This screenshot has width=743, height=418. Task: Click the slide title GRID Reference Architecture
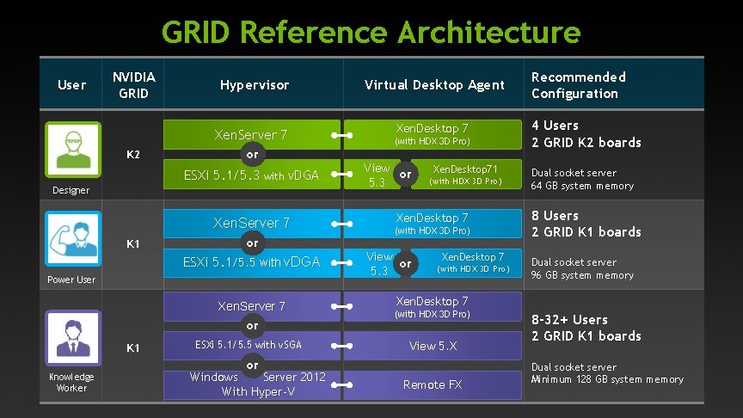tap(371, 33)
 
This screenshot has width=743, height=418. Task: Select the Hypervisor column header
tap(255, 85)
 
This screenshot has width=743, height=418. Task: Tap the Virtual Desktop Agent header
tap(434, 85)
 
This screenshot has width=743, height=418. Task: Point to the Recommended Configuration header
tap(578, 85)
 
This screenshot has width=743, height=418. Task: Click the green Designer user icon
tap(72, 150)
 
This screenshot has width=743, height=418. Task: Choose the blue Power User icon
tap(72, 239)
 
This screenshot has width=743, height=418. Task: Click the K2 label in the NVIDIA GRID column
tap(133, 155)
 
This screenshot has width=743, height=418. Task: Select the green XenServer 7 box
tap(250, 134)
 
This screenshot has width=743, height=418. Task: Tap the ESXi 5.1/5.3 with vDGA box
tap(251, 175)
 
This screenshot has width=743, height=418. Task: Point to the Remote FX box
tap(433, 384)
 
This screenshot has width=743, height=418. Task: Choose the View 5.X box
tap(433, 346)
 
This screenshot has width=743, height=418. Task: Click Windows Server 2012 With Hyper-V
tap(257, 384)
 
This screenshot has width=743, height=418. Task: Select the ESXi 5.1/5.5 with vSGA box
tap(248, 345)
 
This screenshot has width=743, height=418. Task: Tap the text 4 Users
tap(555, 126)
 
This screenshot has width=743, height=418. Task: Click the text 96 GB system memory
tap(582, 275)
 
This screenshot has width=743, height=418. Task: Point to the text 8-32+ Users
tap(569, 320)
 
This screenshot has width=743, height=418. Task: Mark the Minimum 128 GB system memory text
tap(607, 379)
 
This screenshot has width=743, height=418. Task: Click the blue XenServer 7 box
tap(251, 223)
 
